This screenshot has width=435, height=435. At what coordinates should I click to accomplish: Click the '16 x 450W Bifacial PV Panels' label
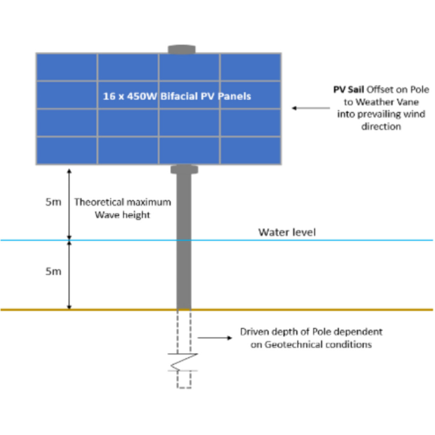click(177, 96)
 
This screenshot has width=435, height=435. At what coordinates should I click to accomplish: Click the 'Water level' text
click(287, 232)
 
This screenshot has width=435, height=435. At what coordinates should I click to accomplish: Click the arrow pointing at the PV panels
click(310, 108)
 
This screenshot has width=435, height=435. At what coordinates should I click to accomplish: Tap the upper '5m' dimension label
click(53, 202)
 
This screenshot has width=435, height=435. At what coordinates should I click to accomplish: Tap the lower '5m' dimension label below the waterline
click(53, 272)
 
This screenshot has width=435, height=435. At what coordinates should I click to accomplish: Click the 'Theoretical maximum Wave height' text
click(122, 208)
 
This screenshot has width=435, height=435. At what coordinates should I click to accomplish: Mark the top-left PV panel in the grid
click(67, 67)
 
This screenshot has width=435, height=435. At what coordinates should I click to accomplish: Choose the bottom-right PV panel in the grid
click(250, 151)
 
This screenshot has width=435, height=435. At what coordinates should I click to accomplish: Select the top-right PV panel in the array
click(250, 67)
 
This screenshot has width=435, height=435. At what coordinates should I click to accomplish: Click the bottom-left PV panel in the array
click(67, 151)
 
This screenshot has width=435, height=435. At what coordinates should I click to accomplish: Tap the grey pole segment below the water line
click(184, 274)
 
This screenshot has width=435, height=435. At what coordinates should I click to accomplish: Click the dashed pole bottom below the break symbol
click(184, 379)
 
